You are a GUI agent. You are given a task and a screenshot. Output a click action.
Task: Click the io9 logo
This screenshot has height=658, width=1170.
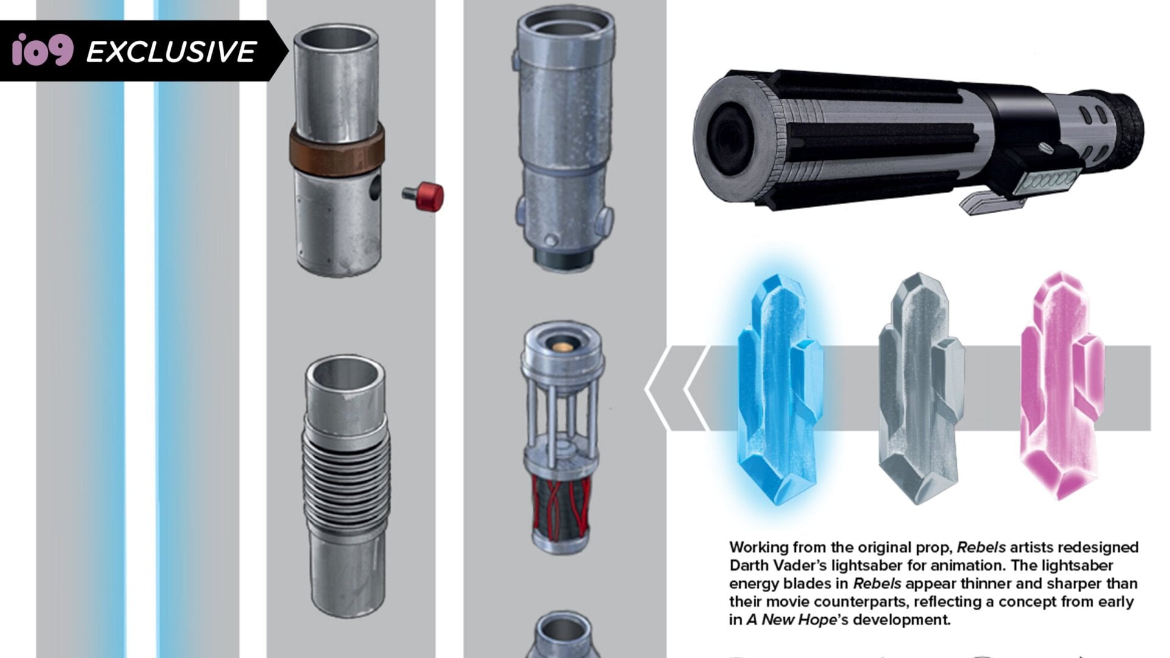[x=43, y=50]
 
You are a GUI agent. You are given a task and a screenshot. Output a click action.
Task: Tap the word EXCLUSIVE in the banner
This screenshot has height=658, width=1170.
[x=171, y=52]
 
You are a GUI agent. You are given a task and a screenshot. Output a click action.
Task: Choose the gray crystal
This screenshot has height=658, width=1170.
[x=920, y=389]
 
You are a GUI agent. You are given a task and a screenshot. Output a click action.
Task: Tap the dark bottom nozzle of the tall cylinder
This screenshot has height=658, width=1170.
[x=563, y=258]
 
